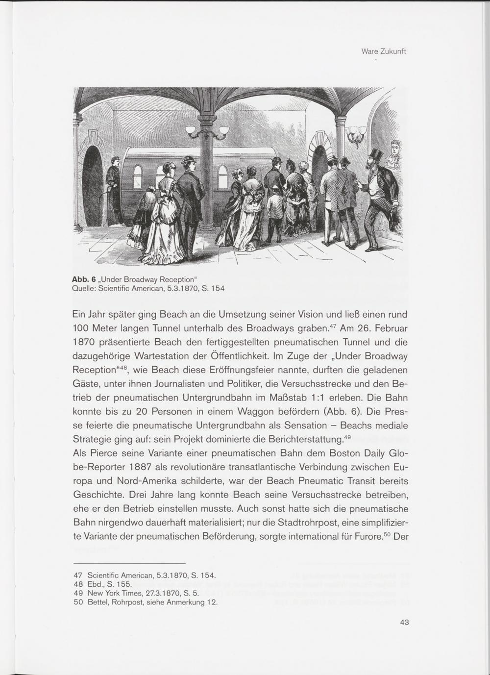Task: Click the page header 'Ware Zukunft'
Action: (x=383, y=51)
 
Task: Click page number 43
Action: (x=404, y=623)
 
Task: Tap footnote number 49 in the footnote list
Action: (x=77, y=593)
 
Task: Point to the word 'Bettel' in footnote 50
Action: (x=97, y=602)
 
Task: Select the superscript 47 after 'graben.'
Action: (x=333, y=325)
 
